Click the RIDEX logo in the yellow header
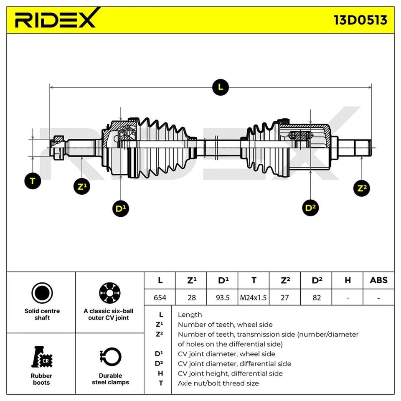55,19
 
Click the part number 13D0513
360,20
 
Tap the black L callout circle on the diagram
220,87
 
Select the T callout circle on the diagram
33,181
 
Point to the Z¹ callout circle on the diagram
81,186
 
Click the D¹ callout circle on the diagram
121,208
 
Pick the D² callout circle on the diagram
310,207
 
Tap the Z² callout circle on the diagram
361,188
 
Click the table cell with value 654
160,297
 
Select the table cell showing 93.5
222,297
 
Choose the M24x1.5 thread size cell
254,297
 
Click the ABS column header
378,280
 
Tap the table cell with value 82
316,297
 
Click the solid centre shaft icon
42,292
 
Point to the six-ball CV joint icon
110,292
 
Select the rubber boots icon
42,357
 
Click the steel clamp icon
110,357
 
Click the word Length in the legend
190,315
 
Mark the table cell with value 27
285,297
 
